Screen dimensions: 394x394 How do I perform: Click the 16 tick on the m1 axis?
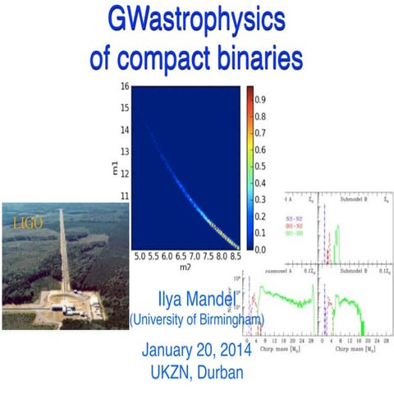124,85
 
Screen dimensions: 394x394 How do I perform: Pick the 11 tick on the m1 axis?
124,198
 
